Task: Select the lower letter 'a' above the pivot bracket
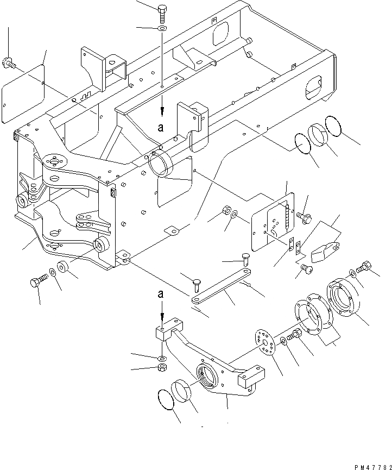click(x=161, y=294)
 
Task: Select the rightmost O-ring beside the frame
click(x=333, y=127)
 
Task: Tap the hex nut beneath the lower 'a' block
click(x=162, y=368)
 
